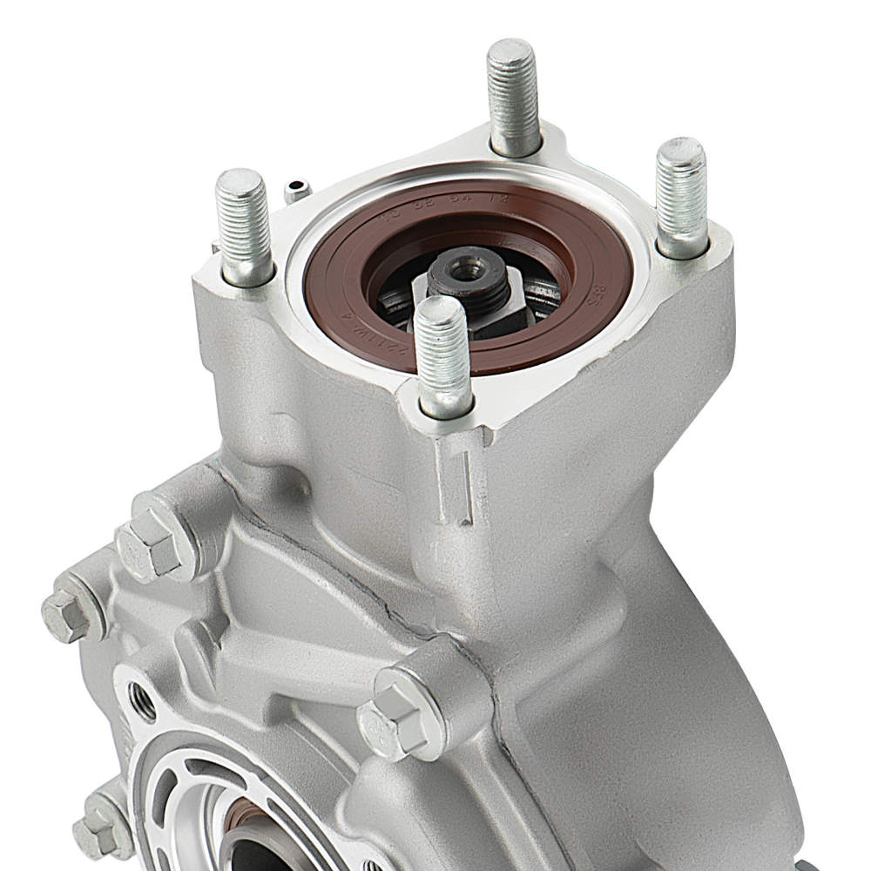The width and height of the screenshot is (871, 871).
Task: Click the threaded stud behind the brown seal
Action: pyautogui.click(x=514, y=96)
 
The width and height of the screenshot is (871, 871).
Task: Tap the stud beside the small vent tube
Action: pyautogui.click(x=244, y=226)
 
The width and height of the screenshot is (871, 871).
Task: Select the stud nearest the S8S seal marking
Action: pyautogui.click(x=681, y=196)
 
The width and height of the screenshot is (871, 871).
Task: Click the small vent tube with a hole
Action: pyautogui.click(x=297, y=188)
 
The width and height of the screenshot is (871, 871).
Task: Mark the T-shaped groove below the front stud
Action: pyautogui.click(x=460, y=483)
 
